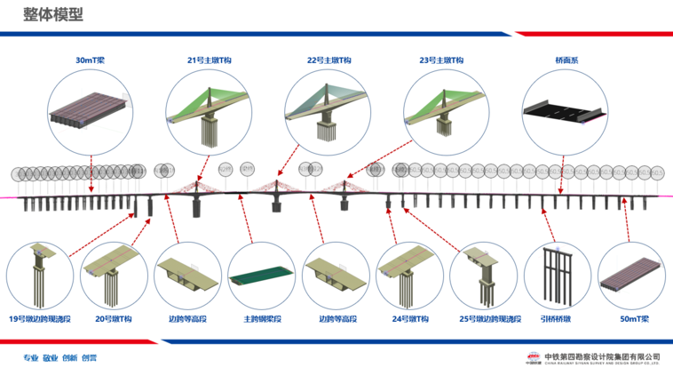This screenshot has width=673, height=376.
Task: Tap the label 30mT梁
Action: pyautogui.click(x=91, y=60)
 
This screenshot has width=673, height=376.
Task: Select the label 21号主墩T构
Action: pyautogui.click(x=209, y=60)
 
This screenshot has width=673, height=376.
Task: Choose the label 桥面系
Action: pyautogui.click(x=565, y=60)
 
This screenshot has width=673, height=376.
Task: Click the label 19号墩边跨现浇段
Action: pyautogui.click(x=40, y=317)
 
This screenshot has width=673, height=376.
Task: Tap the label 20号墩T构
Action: pyautogui.click(x=112, y=317)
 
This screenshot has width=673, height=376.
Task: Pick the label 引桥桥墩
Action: pyautogui.click(x=556, y=317)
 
